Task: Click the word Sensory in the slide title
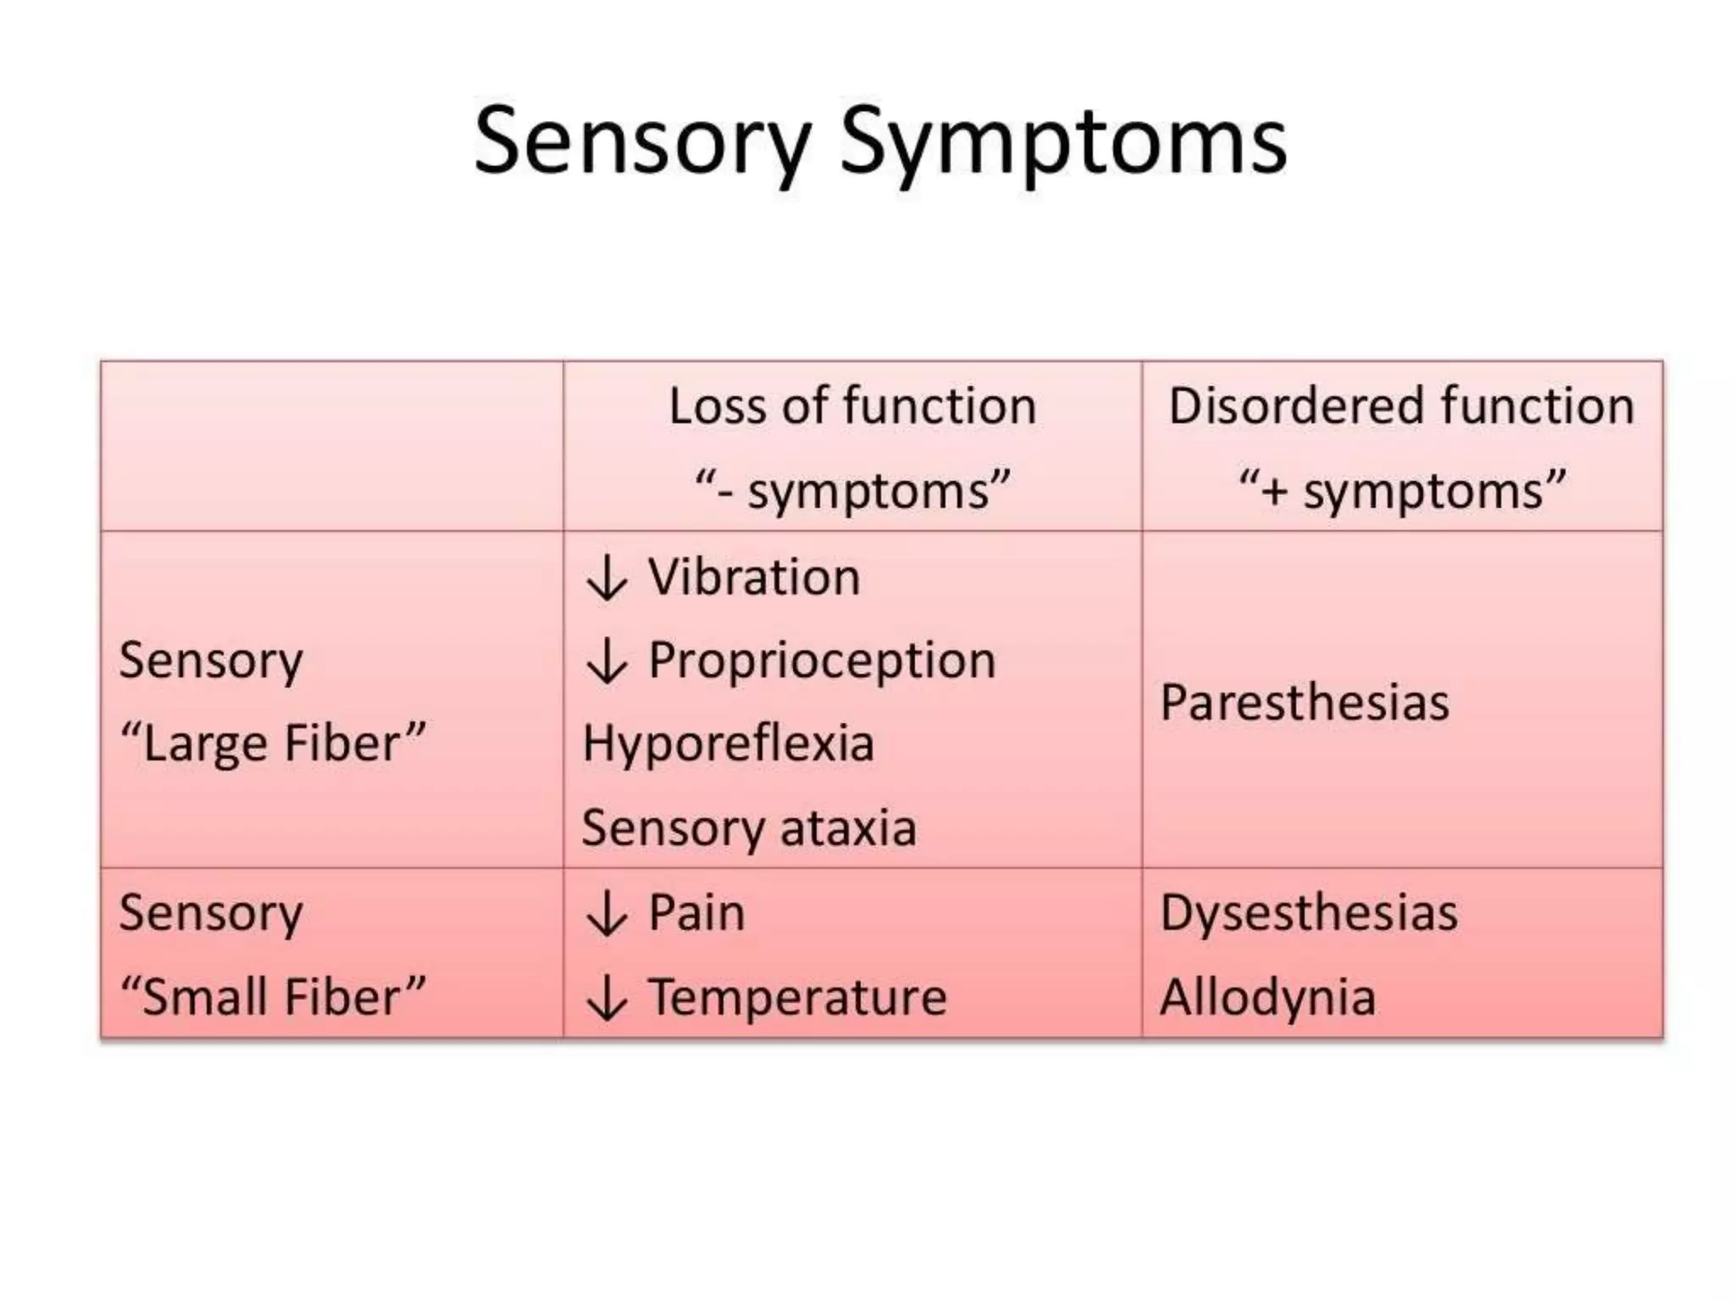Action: coord(642,141)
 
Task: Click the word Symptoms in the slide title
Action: coord(1062,141)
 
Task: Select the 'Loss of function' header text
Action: coord(852,406)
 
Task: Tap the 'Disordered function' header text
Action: coord(1401,406)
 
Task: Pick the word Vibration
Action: coord(754,578)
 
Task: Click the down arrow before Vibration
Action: coord(607,579)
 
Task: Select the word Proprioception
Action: coord(822,661)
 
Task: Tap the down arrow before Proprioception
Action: coord(607,662)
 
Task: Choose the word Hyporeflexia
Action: coord(728,744)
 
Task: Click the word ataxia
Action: coord(848,828)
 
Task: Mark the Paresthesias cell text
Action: coord(1305,702)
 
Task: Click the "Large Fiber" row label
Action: coord(273,744)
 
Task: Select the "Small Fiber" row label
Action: coord(273,997)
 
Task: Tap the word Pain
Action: coord(696,913)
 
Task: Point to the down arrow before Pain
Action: coord(607,915)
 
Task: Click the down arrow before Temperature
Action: coord(607,998)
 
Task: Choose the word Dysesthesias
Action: coord(1309,913)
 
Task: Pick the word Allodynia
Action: coord(1267,997)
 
